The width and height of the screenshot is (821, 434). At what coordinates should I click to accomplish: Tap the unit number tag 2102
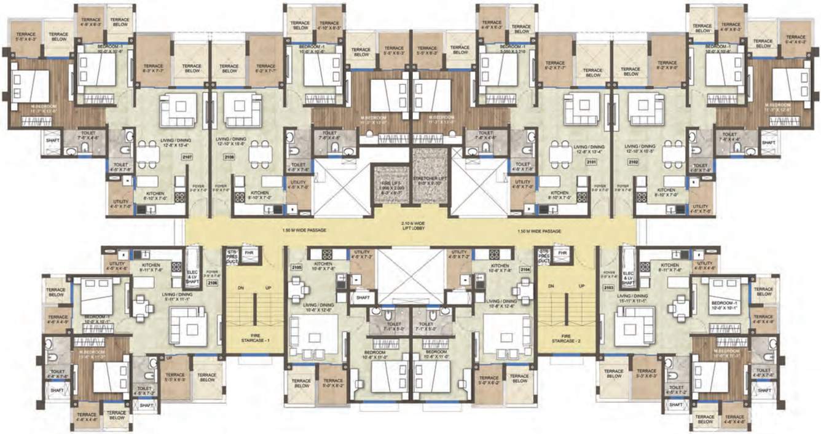click(632, 162)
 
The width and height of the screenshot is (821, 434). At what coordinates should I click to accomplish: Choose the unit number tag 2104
click(525, 268)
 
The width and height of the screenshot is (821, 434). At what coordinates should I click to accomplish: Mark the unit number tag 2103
click(608, 287)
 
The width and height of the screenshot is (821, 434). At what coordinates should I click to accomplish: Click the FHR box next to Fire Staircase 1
click(248, 253)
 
